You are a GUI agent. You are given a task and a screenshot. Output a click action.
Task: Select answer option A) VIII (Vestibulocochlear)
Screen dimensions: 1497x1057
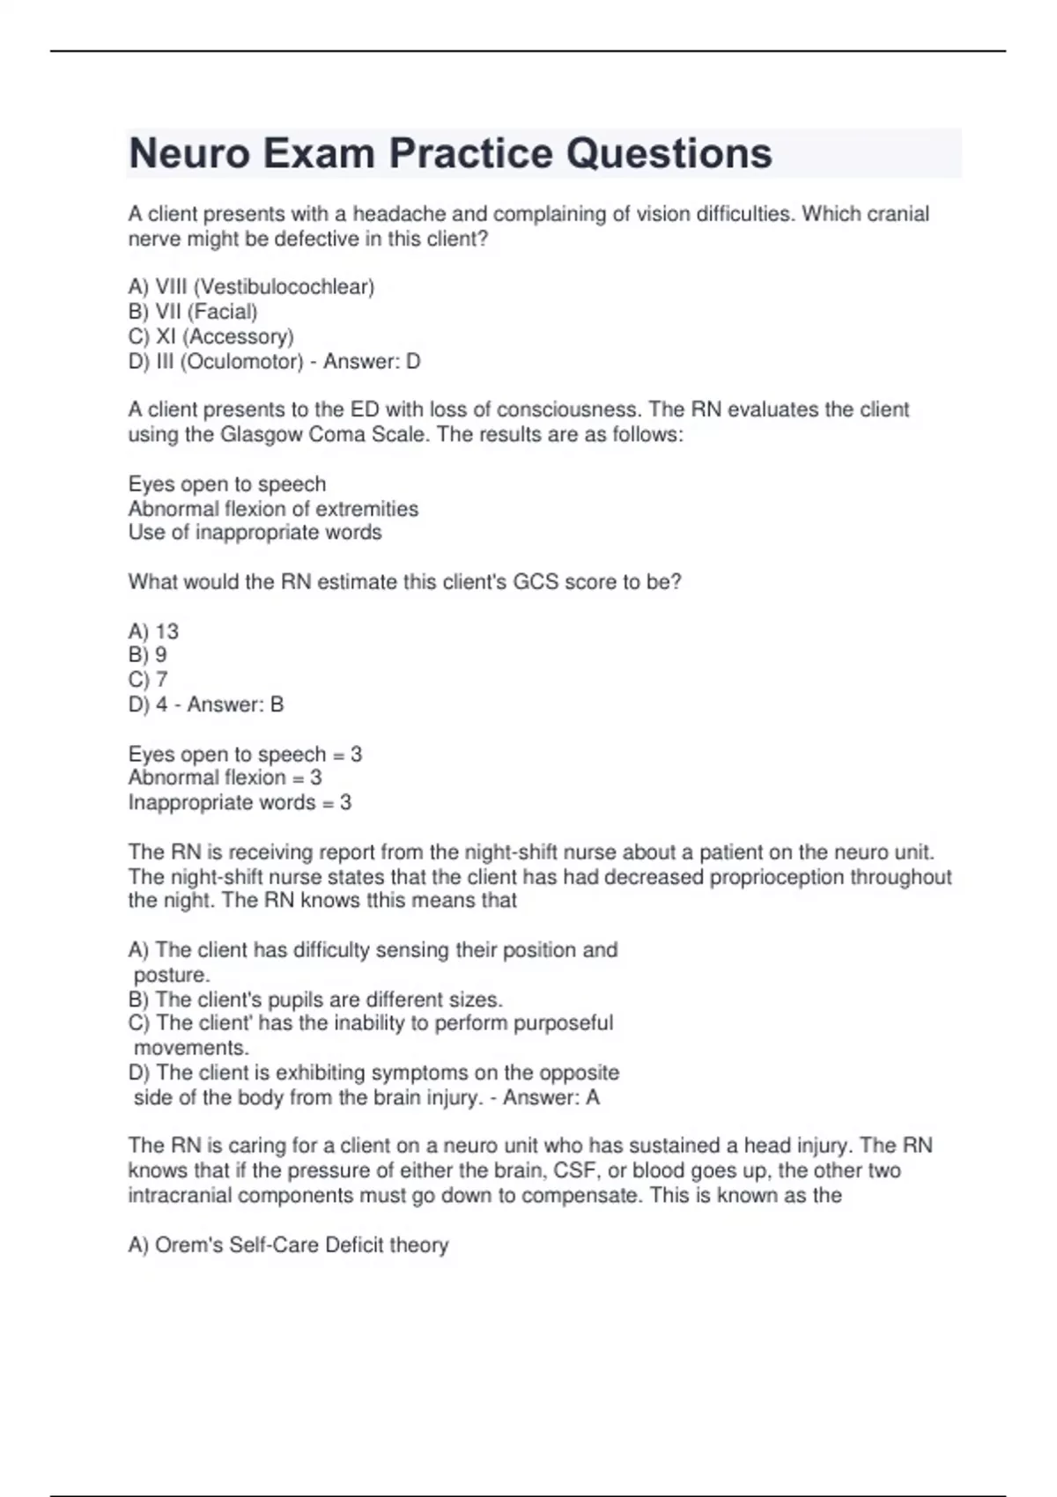[251, 287]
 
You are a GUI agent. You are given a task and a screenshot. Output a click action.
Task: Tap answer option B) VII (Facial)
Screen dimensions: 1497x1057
[193, 312]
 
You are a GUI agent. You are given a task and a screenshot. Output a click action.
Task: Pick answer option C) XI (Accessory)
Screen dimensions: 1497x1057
[211, 336]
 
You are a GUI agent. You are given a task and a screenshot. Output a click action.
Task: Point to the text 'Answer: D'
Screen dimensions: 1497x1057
[372, 361]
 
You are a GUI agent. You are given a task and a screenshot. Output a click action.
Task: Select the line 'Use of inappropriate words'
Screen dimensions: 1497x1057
[255, 533]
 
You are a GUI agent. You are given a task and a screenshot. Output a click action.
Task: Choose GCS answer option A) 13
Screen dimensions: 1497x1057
[153, 631]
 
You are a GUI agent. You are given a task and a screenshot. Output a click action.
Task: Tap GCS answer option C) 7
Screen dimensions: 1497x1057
[148, 680]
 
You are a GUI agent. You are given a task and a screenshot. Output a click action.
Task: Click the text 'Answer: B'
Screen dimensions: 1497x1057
[235, 704]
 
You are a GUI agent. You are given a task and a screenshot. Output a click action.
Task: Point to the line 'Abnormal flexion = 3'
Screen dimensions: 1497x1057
[225, 778]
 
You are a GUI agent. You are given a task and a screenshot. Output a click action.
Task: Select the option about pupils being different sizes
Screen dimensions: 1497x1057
[315, 1000]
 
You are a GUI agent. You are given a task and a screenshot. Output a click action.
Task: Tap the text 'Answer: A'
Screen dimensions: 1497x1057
[551, 1098]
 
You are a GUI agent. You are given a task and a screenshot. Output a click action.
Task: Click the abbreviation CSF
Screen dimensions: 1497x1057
[575, 1171]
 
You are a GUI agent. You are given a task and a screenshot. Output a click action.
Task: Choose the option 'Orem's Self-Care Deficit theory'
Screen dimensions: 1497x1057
[288, 1245]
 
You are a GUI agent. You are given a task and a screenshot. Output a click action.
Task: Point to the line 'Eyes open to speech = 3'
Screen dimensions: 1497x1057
[245, 755]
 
